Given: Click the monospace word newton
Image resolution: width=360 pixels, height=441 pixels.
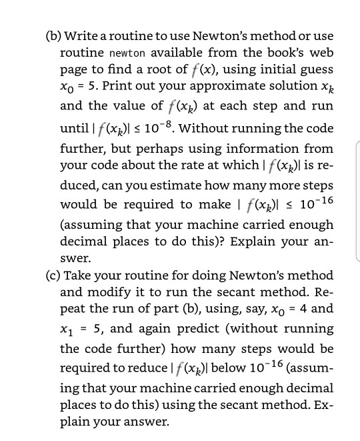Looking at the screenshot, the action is pyautogui.click(x=126, y=52).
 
